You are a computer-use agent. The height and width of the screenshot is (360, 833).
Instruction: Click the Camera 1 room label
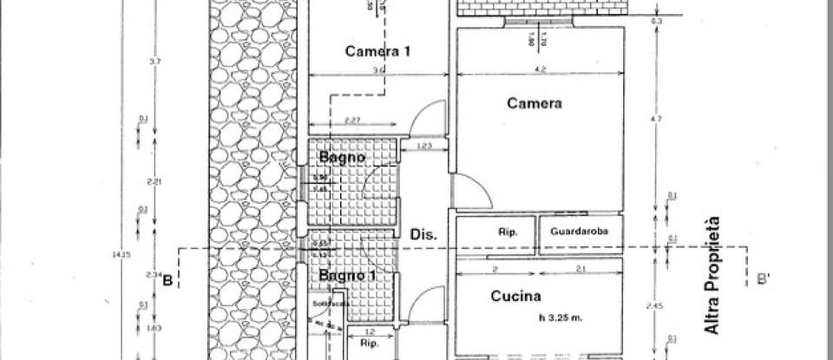[x=377, y=51]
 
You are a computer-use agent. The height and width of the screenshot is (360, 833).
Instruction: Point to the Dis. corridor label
[x=423, y=234]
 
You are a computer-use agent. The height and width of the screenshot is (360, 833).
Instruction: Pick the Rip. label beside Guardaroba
[x=508, y=232]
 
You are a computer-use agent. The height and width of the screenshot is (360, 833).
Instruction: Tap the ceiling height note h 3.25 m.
[x=559, y=318]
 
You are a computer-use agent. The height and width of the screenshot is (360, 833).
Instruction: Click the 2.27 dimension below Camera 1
[x=352, y=120]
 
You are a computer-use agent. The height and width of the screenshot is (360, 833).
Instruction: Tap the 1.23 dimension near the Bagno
[x=424, y=146]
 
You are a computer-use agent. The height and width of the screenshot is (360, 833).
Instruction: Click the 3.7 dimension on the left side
[x=154, y=61]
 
